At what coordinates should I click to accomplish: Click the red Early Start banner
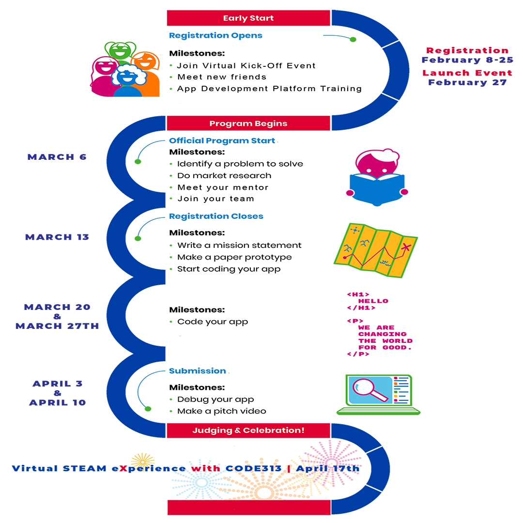248,18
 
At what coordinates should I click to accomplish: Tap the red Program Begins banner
248,123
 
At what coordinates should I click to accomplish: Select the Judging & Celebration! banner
248,430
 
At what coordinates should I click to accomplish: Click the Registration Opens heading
215,35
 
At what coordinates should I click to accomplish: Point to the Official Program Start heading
222,141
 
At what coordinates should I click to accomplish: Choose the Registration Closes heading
216,216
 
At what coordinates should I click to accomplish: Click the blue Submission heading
198,371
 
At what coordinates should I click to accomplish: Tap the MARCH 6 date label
57,157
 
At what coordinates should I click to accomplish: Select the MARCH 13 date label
57,237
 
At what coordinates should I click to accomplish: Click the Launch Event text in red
467,73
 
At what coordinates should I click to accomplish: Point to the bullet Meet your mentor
223,187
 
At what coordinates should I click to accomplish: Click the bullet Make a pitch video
222,411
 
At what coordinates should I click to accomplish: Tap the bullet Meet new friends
222,77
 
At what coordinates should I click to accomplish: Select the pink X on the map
405,248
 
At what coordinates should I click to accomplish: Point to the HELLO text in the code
373,301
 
